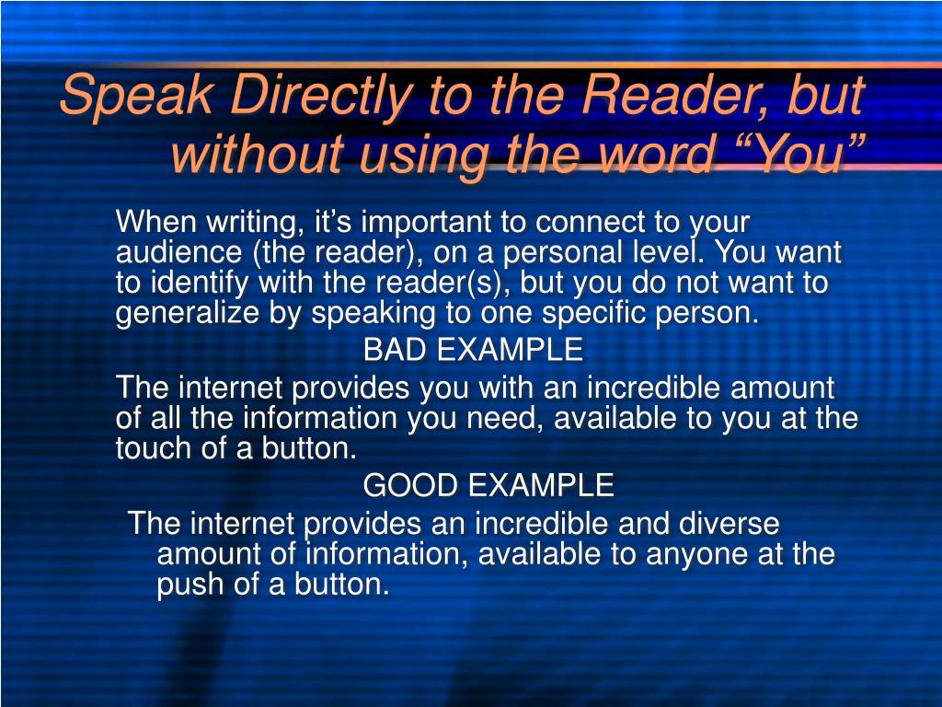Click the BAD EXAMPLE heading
point(473,350)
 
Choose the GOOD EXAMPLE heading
point(488,484)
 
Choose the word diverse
point(729,524)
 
